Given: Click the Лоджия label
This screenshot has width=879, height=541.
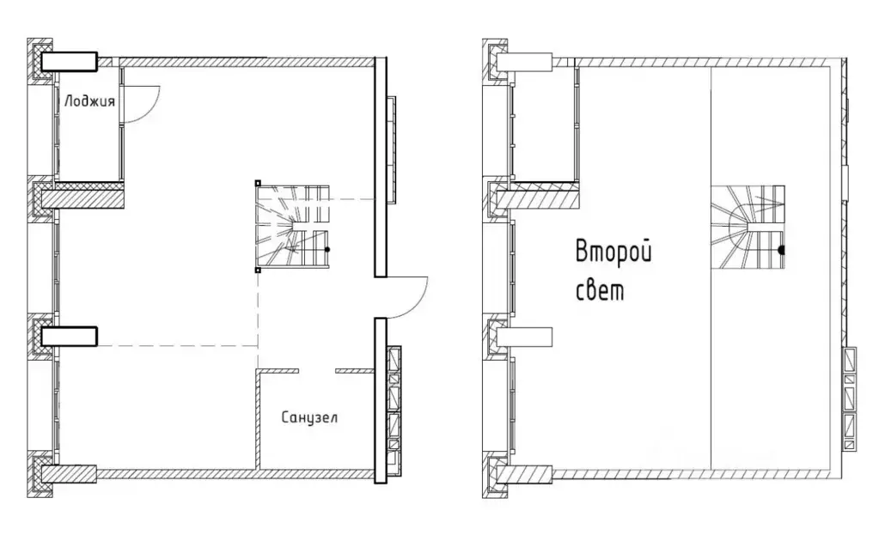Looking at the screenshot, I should [88, 100].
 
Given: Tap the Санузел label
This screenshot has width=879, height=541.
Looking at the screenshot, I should [309, 418].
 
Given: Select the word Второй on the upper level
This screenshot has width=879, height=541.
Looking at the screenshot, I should [613, 253].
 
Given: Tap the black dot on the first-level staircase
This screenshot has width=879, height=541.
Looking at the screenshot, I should [327, 249].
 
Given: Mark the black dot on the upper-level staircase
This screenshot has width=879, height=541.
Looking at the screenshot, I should [781, 251].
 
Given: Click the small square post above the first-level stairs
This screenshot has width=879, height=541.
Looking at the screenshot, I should [258, 183].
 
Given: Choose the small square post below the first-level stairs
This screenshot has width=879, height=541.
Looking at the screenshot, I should [258, 269].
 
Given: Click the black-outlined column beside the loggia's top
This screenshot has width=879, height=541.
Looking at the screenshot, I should [70, 61].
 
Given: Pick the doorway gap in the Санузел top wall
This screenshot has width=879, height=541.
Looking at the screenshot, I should [316, 371].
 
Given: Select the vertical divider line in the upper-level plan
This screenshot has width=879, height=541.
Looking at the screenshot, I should [711, 275].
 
